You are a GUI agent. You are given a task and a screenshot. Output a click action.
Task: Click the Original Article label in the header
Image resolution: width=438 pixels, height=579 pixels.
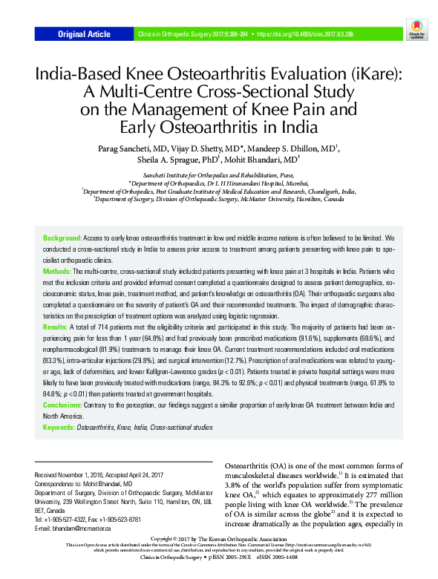[x=84, y=34]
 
